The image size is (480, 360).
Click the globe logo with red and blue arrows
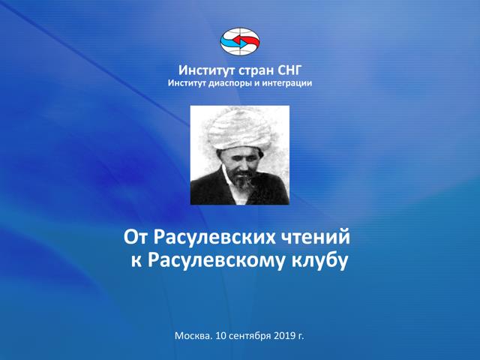[240, 42]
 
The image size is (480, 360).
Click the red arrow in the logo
[247, 40]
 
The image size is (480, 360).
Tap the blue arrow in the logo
[234, 43]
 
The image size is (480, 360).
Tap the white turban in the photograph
[240, 129]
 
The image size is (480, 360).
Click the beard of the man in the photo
[244, 181]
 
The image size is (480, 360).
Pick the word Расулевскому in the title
[216, 261]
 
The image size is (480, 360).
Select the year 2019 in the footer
[284, 336]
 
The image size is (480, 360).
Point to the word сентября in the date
[250, 336]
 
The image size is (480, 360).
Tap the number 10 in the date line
[220, 336]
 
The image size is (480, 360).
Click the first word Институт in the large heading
[207, 71]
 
